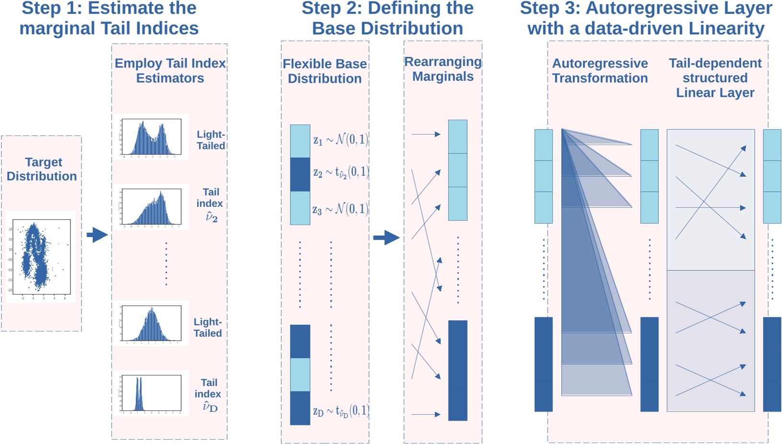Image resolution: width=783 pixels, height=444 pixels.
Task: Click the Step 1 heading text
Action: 109,18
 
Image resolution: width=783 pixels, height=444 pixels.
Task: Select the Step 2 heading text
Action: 387,18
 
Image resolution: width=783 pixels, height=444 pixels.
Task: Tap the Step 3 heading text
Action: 646,18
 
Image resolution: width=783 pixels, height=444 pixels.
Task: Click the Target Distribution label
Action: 42,169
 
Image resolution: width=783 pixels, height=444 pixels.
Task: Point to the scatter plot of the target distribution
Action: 41,256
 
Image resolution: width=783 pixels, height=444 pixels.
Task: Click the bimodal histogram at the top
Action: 151,137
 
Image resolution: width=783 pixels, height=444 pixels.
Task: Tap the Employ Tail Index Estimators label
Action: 170,70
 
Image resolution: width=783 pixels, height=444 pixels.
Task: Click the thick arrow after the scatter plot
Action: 97,235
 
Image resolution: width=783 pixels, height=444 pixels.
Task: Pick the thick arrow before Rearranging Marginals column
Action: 386,237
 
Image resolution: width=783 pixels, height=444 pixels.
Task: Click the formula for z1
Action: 341,139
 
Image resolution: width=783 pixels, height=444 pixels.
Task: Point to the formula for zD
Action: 341,411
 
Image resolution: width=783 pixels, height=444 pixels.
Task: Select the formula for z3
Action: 341,209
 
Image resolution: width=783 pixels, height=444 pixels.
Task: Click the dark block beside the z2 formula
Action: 300,174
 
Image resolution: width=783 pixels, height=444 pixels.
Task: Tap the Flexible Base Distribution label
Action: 325,71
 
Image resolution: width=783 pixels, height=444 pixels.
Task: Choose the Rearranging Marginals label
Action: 443,69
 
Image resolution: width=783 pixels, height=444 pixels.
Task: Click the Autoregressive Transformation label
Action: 600,70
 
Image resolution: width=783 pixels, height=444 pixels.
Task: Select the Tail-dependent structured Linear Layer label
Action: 715,78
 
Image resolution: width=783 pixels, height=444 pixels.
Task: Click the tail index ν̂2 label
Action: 210,205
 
